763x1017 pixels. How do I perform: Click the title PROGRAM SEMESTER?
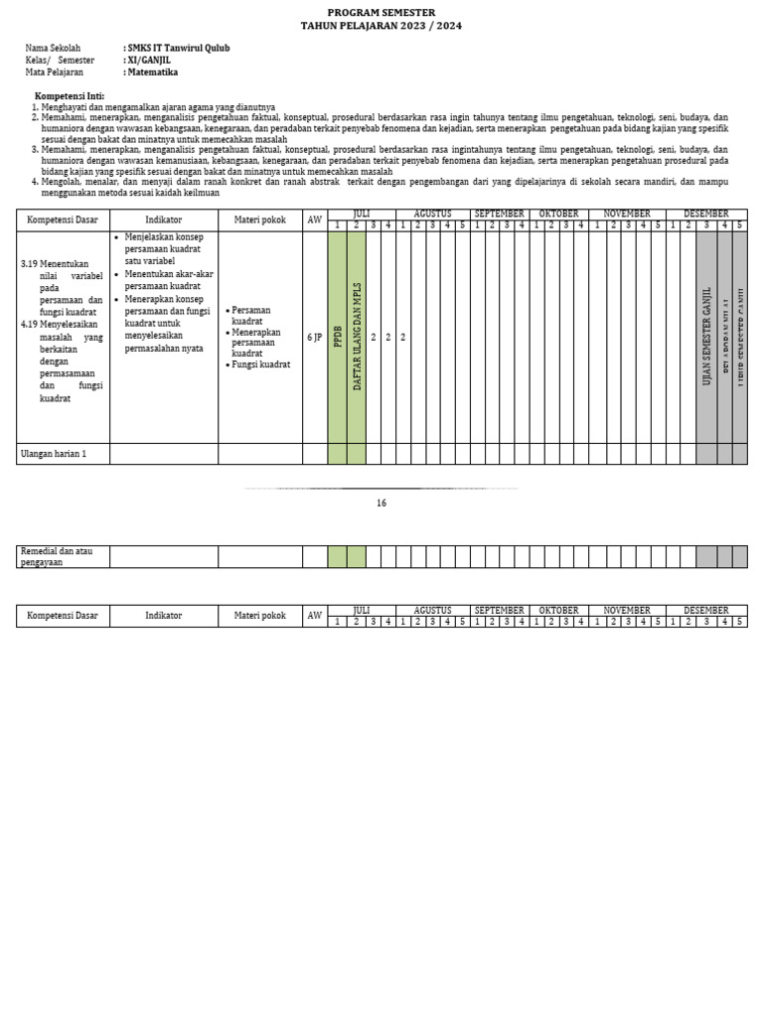[x=381, y=12]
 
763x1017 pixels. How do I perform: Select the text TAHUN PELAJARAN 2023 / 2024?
[x=381, y=26]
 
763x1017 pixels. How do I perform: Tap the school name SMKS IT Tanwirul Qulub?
[x=177, y=48]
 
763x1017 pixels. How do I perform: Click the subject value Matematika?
[x=152, y=73]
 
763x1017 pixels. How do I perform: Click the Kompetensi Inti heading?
[x=70, y=95]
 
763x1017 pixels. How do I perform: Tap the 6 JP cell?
[x=314, y=338]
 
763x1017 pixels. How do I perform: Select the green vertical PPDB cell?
[x=337, y=338]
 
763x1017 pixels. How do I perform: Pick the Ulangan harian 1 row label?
[x=54, y=454]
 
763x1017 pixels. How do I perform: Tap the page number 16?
[x=381, y=504]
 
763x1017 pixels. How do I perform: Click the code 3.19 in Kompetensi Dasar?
[x=30, y=264]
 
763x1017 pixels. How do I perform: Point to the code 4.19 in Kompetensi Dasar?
[x=30, y=324]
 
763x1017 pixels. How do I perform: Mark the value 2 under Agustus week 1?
[x=402, y=338]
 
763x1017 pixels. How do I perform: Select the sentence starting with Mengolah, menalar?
[x=383, y=187]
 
